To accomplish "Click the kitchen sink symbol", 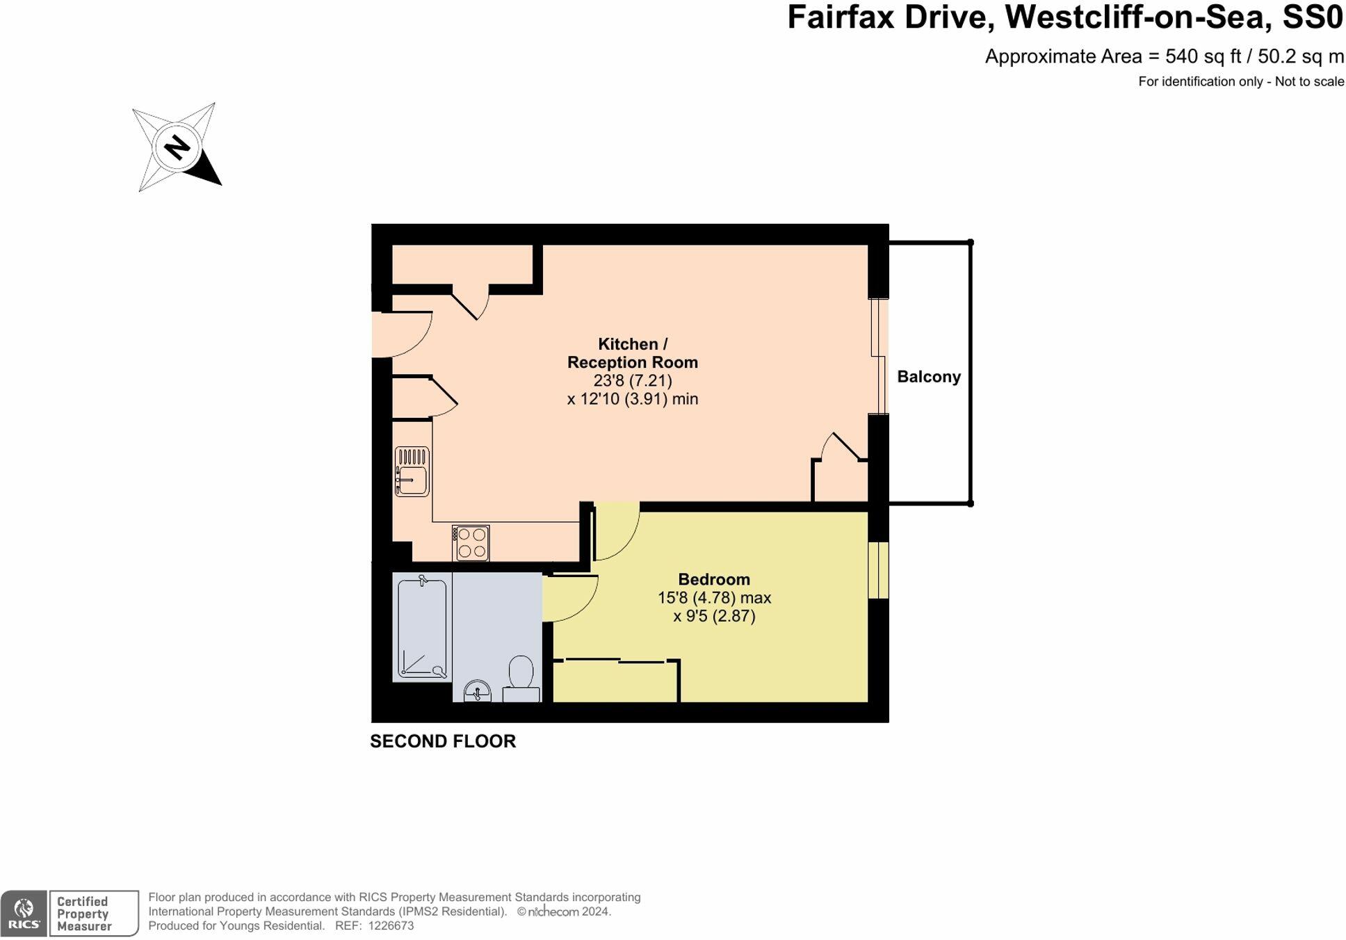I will coord(412,471).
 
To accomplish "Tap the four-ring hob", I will coord(471,543).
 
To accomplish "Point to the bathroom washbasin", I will coord(477,692).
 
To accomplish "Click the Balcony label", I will coord(928,377).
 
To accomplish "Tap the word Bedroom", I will coord(713,579).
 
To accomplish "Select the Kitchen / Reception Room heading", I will coord(632,353).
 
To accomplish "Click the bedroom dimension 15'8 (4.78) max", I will coord(714,598).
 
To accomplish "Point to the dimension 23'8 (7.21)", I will coord(632,381).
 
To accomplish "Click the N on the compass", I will coord(177,147).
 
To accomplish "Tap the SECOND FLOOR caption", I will coord(442,741).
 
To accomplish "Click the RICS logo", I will coord(24,913).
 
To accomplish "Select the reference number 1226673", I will coord(391,926).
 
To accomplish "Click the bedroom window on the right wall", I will coord(878,569).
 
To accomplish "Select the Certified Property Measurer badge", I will coord(93,913).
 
